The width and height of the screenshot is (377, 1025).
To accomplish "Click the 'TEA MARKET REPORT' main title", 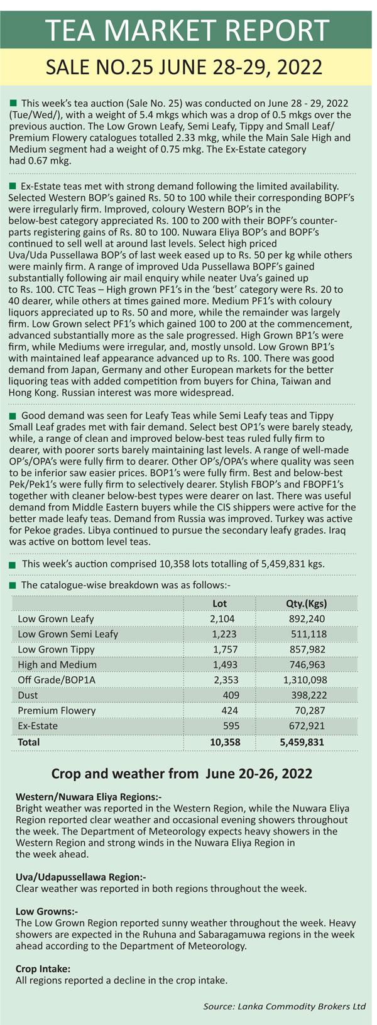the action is tap(188, 30).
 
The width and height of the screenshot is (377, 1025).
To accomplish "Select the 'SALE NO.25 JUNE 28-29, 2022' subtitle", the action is tap(184, 67).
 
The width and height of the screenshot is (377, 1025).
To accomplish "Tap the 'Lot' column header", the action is tap(220, 603).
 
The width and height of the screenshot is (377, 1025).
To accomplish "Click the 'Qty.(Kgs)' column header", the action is tap(307, 603).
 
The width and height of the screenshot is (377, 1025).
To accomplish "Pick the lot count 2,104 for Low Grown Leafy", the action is tap(222, 618).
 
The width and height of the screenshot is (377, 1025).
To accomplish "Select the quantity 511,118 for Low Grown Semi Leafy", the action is tap(309, 633).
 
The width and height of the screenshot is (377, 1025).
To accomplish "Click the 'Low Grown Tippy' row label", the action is tap(57, 649).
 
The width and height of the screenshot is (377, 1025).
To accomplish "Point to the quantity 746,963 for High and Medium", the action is tap(307, 664).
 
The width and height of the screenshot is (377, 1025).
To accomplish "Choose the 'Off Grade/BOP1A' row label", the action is tap(57, 679).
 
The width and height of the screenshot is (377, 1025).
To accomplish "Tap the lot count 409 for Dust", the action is tap(231, 695).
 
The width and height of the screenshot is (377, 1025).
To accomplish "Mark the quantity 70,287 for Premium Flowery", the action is tap(310, 710).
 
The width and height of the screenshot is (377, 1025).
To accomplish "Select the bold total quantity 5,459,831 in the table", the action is tap(302, 742).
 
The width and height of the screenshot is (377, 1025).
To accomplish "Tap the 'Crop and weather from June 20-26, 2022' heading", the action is tap(182, 774).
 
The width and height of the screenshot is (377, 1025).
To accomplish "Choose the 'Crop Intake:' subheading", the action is tap(43, 968).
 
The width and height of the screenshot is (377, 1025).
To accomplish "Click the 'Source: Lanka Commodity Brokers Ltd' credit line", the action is tap(285, 1006).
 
